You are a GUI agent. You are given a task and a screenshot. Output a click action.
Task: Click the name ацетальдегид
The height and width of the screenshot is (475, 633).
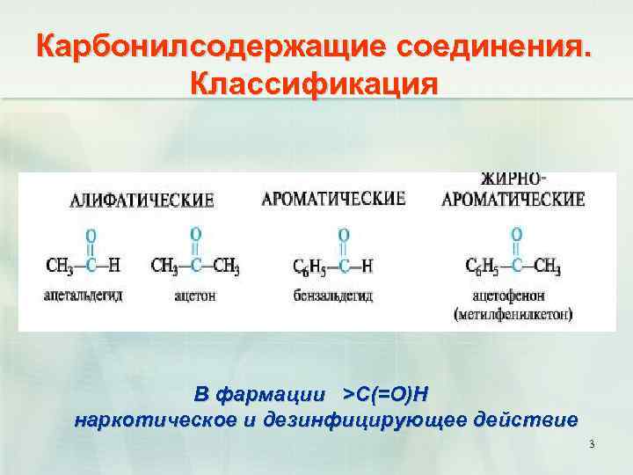click(83, 296)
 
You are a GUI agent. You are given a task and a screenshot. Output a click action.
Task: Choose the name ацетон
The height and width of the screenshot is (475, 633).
click(195, 296)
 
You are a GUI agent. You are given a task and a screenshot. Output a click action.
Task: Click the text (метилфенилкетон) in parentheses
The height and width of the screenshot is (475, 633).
click(513, 313)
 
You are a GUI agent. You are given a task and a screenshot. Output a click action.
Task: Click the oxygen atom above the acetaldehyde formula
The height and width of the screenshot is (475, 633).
click(91, 236)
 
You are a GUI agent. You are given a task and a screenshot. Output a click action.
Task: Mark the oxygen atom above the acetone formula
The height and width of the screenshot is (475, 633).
click(195, 233)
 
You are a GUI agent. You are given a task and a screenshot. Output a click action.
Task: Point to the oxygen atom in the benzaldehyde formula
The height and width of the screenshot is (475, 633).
click(344, 235)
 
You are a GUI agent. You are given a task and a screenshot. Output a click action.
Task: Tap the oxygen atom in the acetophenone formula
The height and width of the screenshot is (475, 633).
click(517, 234)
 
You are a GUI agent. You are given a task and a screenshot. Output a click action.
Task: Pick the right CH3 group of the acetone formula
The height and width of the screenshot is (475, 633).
click(226, 266)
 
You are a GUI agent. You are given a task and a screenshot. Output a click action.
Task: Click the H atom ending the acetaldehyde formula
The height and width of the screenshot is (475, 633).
click(116, 266)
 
